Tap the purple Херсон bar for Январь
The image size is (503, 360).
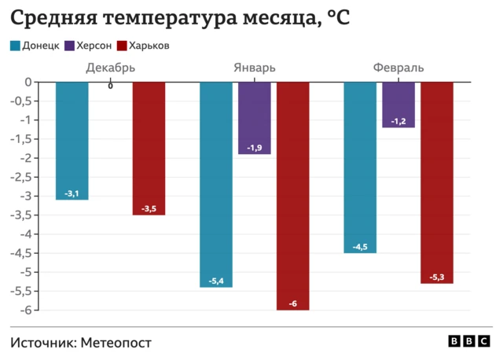point(254,117)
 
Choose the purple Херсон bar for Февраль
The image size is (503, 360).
point(398,104)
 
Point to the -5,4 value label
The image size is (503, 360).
point(216,281)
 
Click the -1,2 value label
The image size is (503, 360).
point(398,121)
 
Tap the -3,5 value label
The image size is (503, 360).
point(149,208)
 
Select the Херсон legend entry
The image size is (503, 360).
point(87,46)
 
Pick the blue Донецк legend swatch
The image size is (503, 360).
point(15,46)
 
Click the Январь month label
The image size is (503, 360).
point(254,68)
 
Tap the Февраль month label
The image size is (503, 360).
point(398,68)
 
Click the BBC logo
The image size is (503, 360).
point(469,341)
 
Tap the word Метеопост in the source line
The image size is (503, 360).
point(115,343)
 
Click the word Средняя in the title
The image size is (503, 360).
point(50,17)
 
